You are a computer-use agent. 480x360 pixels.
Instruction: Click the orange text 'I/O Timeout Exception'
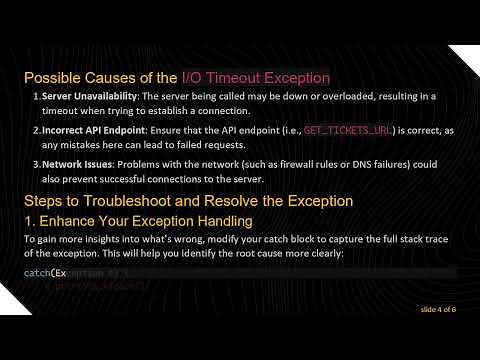pos(255,77)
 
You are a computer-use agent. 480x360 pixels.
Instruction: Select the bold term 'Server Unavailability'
pos(88,96)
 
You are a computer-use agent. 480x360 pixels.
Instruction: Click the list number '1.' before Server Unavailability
pos(36,96)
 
